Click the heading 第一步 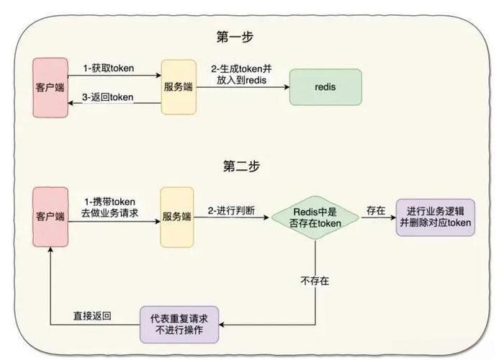[x=235, y=36]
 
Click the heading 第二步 [x=235, y=166]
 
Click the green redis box [x=325, y=87]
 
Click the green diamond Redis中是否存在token [x=316, y=217]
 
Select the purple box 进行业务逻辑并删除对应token [x=436, y=217]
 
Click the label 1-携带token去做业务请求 [x=109, y=207]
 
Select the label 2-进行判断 [x=230, y=211]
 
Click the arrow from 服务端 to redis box [x=242, y=87]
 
